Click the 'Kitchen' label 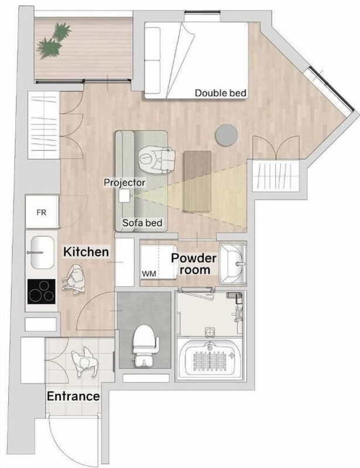[86, 252]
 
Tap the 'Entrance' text [73, 396]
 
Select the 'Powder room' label [194, 264]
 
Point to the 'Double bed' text [221, 93]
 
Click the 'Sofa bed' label [142, 223]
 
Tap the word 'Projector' [124, 183]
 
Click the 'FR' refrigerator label [42, 212]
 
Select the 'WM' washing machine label [149, 273]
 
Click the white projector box [125, 196]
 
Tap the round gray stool [227, 135]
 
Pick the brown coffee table [197, 181]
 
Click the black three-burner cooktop [42, 291]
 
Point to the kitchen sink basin [42, 253]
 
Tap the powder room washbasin [233, 263]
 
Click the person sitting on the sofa [157, 159]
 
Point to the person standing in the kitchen [74, 280]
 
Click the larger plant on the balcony [49, 47]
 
